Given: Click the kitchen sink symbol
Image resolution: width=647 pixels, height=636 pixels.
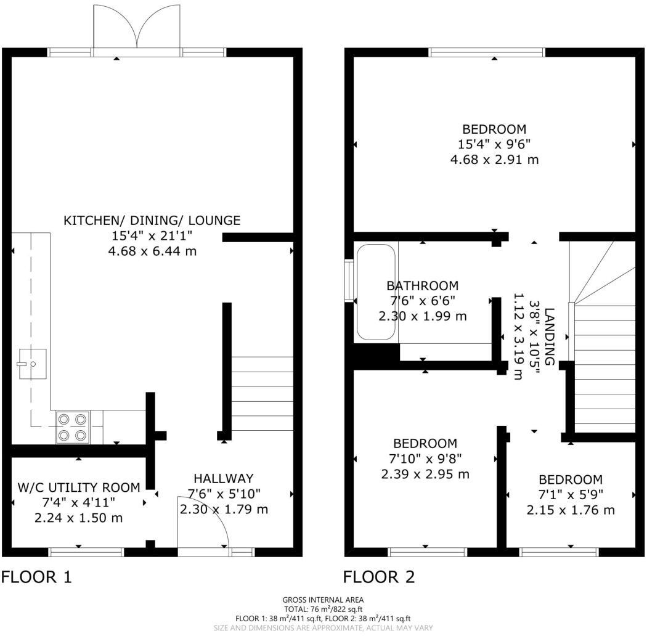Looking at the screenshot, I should coord(31,364).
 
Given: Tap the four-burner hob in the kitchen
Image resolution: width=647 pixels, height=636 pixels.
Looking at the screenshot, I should coord(72,427).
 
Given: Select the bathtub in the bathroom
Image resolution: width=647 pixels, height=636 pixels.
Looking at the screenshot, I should coord(375,292).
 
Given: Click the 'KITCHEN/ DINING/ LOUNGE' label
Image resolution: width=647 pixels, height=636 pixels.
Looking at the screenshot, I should coord(152,220).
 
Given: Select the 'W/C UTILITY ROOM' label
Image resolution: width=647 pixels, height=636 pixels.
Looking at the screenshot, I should coord(78,487).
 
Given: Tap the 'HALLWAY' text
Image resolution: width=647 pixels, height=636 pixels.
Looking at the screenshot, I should coord(223,478).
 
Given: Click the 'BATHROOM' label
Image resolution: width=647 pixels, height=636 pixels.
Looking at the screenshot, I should coord(422,286).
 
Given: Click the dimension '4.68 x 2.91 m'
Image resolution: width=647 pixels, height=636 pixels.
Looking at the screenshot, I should coord(494,160).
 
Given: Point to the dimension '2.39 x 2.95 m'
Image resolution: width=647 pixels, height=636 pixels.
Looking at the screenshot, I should coord(425,474).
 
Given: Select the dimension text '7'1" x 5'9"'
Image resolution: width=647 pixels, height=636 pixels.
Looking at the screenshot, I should coord(570,495).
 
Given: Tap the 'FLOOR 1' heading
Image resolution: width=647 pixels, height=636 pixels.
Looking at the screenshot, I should coord(36,577).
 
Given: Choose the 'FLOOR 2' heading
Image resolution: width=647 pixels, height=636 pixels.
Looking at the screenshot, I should coord(379,577).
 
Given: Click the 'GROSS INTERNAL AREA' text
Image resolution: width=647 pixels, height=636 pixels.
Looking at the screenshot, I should coord(323,600).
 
